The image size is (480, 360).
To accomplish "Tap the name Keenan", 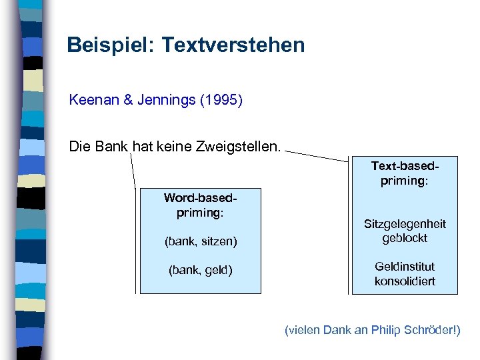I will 93,101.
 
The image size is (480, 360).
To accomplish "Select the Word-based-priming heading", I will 200,205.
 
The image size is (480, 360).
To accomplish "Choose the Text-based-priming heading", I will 405,173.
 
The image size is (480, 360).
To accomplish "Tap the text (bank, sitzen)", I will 201,241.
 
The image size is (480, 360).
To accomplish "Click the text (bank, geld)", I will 200,270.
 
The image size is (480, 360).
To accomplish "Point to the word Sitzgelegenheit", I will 405,224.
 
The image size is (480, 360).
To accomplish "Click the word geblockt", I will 405,238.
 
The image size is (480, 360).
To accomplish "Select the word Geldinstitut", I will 405,267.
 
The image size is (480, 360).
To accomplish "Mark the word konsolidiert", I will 405,281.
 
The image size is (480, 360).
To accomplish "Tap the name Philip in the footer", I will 389,330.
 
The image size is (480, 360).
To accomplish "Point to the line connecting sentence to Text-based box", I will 317,156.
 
